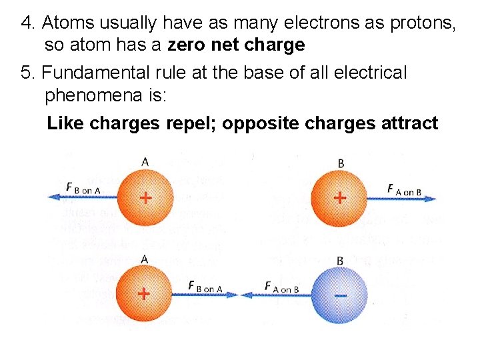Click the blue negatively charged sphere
click(340, 294)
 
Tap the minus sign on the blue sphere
click(340, 294)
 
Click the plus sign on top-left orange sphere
click(145, 197)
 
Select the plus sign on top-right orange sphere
click(340, 197)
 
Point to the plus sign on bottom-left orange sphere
click(143, 293)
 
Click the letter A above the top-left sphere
click(145, 161)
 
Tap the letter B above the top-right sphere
click(341, 163)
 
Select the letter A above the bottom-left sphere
click(144, 259)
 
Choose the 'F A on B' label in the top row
click(404, 189)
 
